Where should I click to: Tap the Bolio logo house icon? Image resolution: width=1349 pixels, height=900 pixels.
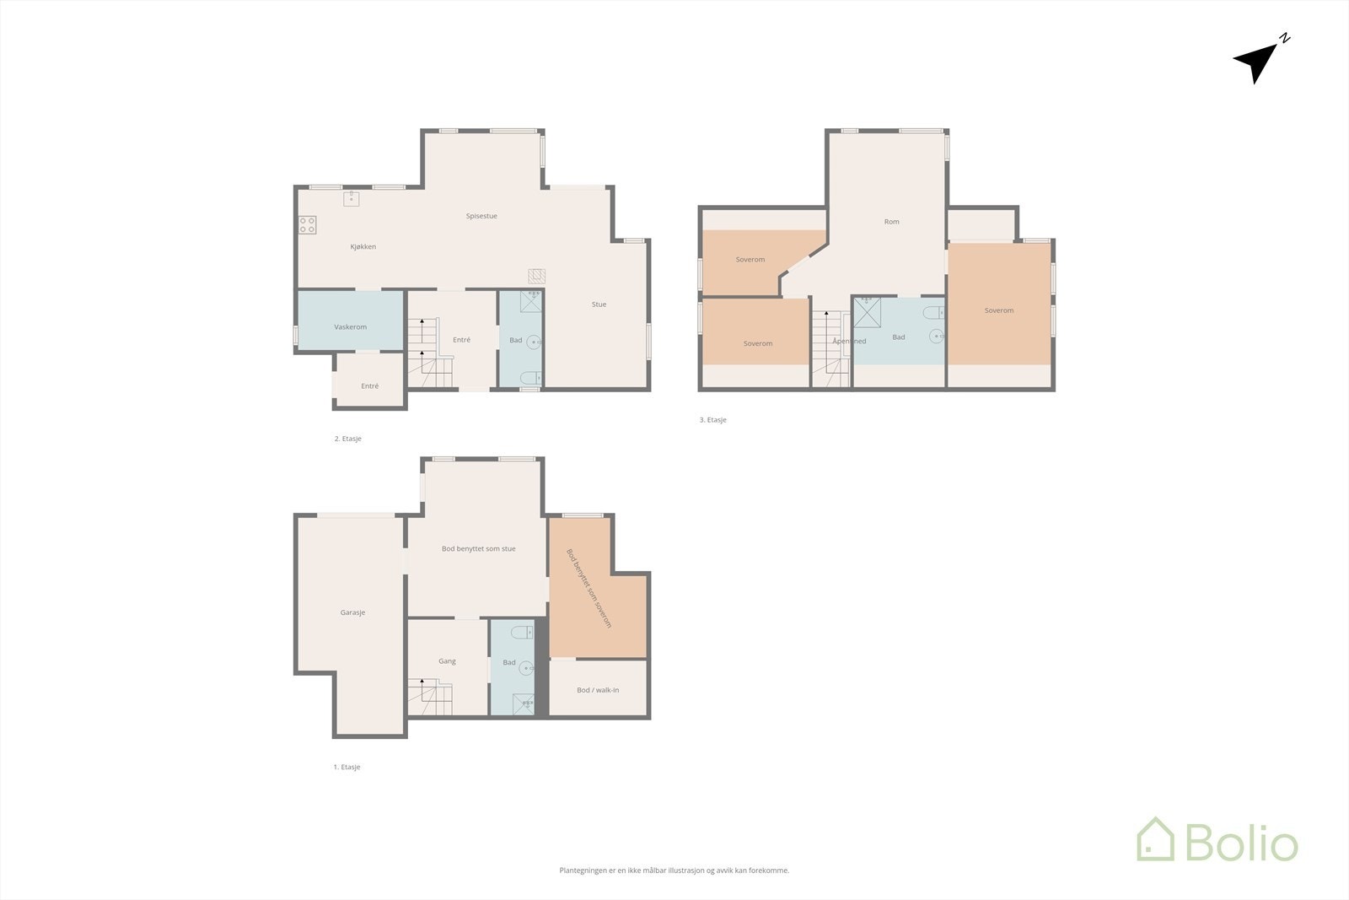point(1155,840)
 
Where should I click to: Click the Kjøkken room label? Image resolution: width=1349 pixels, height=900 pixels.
point(363,247)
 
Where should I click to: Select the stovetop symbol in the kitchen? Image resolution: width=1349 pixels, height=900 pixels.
point(308,225)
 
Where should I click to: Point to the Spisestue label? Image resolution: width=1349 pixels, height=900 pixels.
point(481,216)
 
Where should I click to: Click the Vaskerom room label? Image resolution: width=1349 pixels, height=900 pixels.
point(350,327)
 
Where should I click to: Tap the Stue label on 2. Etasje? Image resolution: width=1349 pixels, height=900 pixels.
point(599,304)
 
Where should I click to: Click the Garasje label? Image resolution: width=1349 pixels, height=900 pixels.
point(352,613)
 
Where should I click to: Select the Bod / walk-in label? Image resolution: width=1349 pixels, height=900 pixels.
point(598,690)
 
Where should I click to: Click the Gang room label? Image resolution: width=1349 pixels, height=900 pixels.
point(447,661)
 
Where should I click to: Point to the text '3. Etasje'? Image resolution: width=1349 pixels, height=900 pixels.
point(712,420)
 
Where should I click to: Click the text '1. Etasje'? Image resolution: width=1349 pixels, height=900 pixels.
point(347,768)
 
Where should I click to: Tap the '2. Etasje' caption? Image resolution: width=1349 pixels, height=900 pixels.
point(347,439)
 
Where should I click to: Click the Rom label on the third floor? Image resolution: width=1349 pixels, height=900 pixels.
point(891,222)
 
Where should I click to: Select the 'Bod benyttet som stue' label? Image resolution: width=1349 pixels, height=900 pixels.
point(478,549)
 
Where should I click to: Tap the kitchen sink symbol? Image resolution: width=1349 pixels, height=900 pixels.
point(352,199)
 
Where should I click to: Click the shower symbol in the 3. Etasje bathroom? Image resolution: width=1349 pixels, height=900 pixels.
point(868,311)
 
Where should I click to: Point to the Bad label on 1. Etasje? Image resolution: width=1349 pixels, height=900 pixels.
point(509,663)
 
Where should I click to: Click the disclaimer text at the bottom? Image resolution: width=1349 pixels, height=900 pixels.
point(674,870)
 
